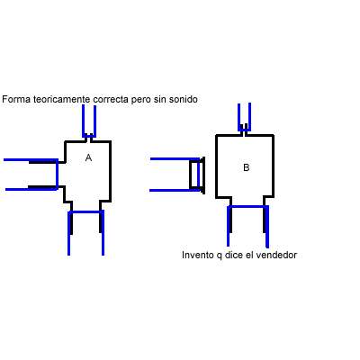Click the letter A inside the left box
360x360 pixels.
pyautogui.click(x=88, y=157)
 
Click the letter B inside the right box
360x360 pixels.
pyautogui.click(x=246, y=167)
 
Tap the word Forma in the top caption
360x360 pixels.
pyautogui.click(x=16, y=99)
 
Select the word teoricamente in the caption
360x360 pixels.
pyautogui.click(x=62, y=99)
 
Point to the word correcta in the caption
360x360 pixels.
pyautogui.click(x=111, y=99)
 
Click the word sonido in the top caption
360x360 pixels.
pyautogui.click(x=184, y=99)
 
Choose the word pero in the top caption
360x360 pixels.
pyautogui.click(x=141, y=100)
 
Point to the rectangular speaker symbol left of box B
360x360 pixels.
pyautogui.click(x=197, y=175)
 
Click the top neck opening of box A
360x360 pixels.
pyautogui.click(x=89, y=138)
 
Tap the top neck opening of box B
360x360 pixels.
pyautogui.click(x=244, y=129)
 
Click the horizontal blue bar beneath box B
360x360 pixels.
pyautogui.click(x=247, y=207)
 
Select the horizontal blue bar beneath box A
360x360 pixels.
pyautogui.click(x=86, y=212)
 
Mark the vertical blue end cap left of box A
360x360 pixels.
pyautogui.click(x=57, y=174)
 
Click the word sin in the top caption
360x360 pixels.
pyautogui.click(x=160, y=99)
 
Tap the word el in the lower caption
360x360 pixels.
pyautogui.click(x=249, y=255)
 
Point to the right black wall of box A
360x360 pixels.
pyautogui.click(x=110, y=171)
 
